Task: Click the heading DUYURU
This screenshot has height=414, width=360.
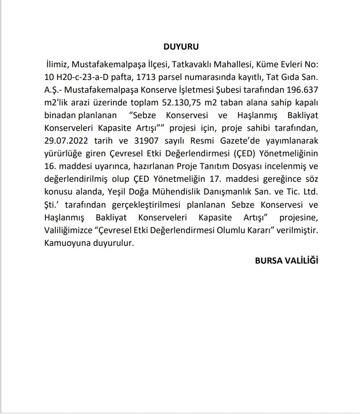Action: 181,47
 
